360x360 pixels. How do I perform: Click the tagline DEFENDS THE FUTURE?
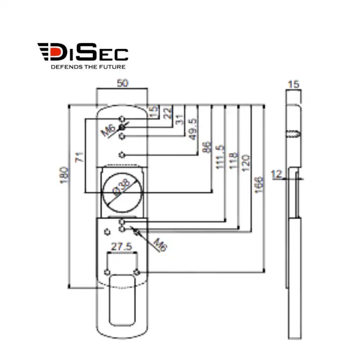87,67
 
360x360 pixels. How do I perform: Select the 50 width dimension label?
121,83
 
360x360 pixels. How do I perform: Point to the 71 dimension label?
80,157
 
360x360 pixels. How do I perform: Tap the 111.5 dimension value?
220,157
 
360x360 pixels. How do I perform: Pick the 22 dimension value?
168,112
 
